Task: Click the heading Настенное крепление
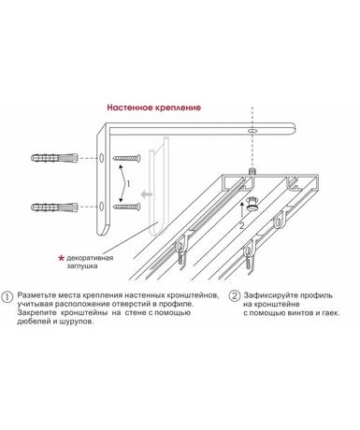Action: tap(154, 107)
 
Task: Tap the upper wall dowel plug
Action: tap(54, 158)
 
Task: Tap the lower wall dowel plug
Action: tap(54, 207)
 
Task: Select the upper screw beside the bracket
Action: tap(127, 158)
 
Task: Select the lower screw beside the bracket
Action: tap(127, 207)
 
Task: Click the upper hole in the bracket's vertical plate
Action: tap(102, 158)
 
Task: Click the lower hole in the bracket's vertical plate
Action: tap(102, 207)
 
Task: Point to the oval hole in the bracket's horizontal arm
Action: tap(252, 131)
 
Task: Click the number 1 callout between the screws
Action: tap(128, 184)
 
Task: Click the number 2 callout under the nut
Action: tap(242, 226)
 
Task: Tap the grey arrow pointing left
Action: tap(147, 194)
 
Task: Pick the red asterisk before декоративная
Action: tap(62, 258)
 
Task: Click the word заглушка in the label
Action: tap(82, 266)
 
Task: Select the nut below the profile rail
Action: tap(252, 203)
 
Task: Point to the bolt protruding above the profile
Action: tap(252, 171)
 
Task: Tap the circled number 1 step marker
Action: tap(7, 296)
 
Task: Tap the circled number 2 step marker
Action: tap(235, 295)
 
